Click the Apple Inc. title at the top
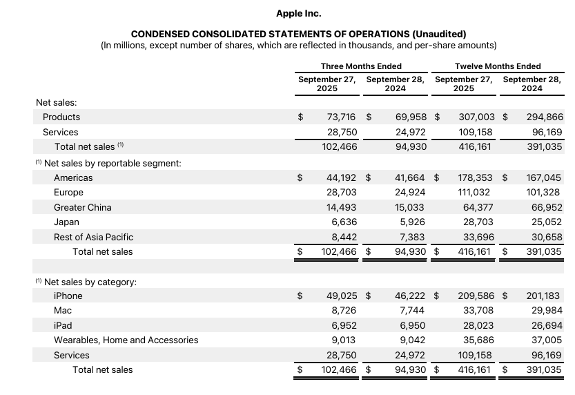(x=298, y=13)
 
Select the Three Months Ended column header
(x=361, y=66)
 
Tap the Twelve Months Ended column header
(x=498, y=66)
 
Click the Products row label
(x=61, y=117)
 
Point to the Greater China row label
(x=82, y=207)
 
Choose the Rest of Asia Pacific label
(x=93, y=237)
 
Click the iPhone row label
(x=68, y=296)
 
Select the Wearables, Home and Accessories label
(x=126, y=340)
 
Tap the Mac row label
(x=63, y=311)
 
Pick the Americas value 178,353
(x=476, y=177)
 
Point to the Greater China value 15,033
(x=410, y=207)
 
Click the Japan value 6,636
(x=344, y=222)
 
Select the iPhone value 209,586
(x=476, y=296)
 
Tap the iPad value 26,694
(x=545, y=325)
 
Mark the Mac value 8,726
(x=344, y=311)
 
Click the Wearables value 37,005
(x=545, y=340)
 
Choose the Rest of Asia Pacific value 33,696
(x=478, y=237)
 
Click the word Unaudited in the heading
(x=439, y=34)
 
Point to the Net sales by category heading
(x=90, y=282)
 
